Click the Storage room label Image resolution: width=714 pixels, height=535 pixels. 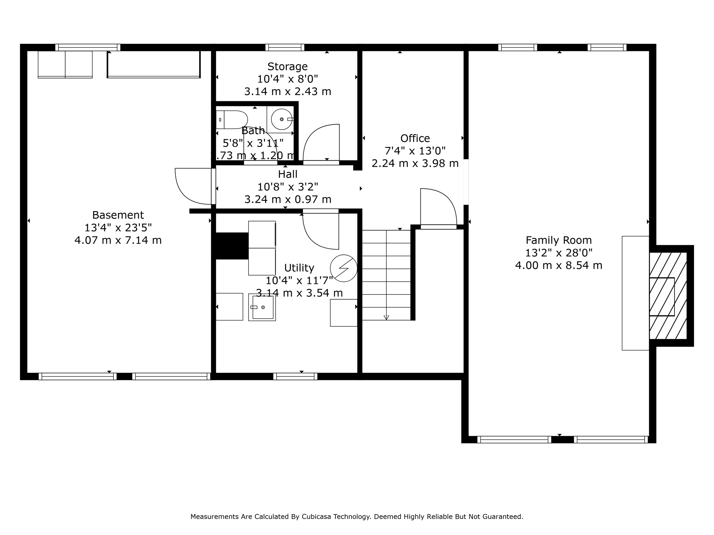coord(287,66)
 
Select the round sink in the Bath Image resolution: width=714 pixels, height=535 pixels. coord(281,119)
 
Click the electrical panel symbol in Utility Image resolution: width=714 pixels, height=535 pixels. coord(343,268)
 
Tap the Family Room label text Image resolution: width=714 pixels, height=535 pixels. coord(559,240)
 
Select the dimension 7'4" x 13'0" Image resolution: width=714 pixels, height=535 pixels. coord(415,151)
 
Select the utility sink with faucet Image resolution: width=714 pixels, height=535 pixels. coord(262,307)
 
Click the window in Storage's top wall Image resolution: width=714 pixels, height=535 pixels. coord(284,47)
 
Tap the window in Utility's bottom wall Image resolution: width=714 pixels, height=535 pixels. coord(295,376)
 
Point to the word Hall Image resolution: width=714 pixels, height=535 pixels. coord(288,174)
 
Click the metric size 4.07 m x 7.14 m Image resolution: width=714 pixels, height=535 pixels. coord(118,240)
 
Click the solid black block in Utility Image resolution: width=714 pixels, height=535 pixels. coord(232,246)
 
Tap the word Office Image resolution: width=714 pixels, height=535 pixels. coord(415,138)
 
